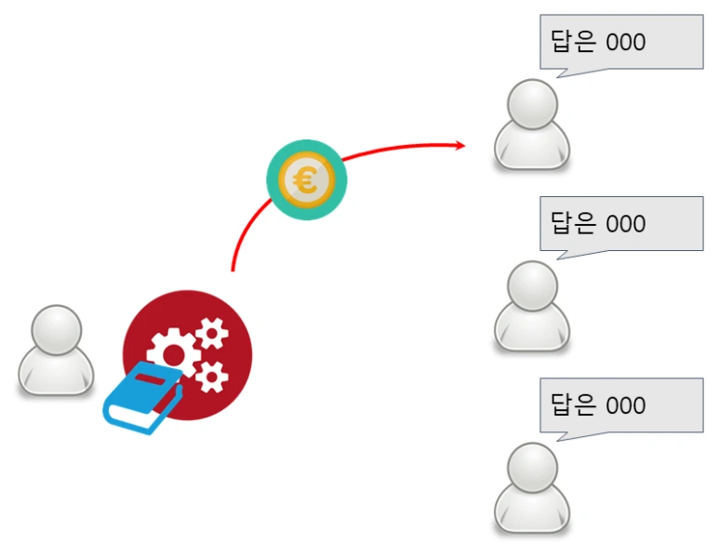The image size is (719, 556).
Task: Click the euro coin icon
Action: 306,179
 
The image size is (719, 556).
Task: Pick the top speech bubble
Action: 621,42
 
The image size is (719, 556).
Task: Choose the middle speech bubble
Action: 621,223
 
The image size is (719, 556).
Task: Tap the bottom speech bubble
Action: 621,404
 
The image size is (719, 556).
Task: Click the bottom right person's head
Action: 531,467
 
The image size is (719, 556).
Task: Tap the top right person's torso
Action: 531,147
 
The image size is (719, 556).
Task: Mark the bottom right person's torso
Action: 531,510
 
